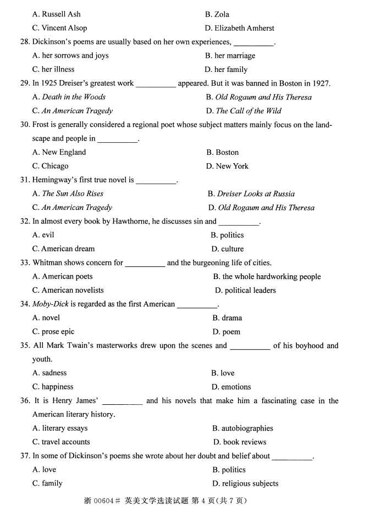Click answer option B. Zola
coord(217,14)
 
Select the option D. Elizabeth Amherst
coord(239,28)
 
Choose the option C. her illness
coord(53,69)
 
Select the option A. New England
coord(59,152)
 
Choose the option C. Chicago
coord(51,166)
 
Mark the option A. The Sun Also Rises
coord(68,193)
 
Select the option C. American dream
coord(63,249)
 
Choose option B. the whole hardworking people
coord(267,277)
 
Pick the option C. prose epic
coord(53,332)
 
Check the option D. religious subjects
coord(245,484)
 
